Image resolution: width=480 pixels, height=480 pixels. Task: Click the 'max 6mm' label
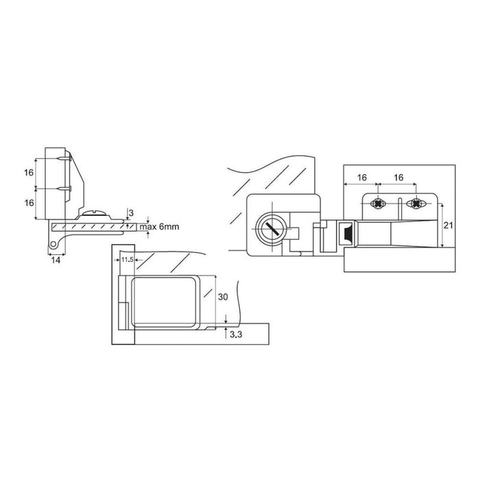pyautogui.click(x=159, y=227)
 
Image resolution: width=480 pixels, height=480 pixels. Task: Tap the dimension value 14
pyautogui.click(x=56, y=260)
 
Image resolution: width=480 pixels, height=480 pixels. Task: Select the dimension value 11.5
pyautogui.click(x=127, y=260)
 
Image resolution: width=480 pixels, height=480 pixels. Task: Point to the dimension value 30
pyautogui.click(x=223, y=297)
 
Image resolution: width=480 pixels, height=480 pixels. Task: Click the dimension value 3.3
pyautogui.click(x=236, y=335)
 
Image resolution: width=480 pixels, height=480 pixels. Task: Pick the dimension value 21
pyautogui.click(x=448, y=226)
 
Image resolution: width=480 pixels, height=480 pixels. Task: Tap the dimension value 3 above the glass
pyautogui.click(x=131, y=213)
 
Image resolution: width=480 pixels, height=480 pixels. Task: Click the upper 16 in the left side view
pyautogui.click(x=29, y=173)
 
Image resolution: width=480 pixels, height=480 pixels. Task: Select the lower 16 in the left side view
pyautogui.click(x=29, y=203)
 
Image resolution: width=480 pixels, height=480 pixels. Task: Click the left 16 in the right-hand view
pyautogui.click(x=362, y=178)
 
